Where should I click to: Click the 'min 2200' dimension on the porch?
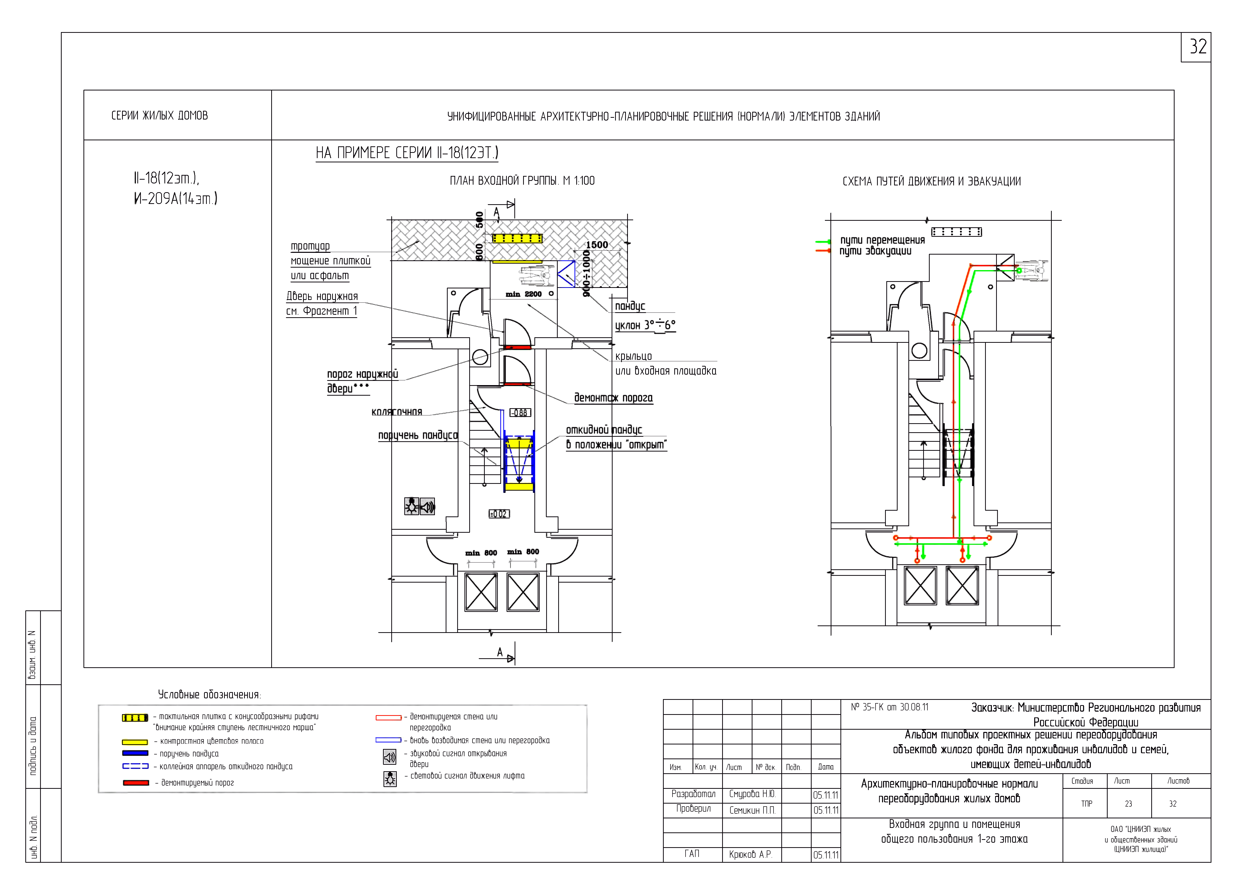click(523, 294)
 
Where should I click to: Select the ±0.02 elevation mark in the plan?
click(499, 514)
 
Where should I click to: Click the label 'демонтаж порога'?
click(613, 398)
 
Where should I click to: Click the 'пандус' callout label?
click(630, 306)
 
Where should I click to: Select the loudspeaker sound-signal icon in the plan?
click(427, 506)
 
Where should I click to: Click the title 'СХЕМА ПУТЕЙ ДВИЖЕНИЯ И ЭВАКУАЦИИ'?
click(931, 181)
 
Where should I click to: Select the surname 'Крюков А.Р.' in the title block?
click(750, 855)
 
